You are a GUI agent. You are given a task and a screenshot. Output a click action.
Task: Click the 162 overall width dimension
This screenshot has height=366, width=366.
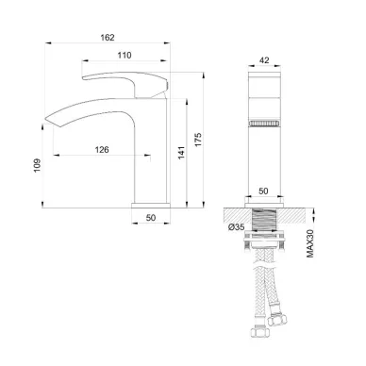(x=108, y=38)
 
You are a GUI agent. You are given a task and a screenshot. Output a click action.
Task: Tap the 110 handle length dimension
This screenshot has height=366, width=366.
(x=125, y=56)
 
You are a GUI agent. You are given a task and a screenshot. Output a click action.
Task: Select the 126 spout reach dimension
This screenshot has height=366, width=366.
(x=102, y=150)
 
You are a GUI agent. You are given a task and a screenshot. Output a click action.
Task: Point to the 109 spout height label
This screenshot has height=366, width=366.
(x=38, y=165)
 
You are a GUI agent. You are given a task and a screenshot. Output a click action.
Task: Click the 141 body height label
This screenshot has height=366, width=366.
(x=181, y=153)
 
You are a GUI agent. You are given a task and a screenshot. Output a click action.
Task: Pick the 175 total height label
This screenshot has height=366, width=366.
(x=198, y=140)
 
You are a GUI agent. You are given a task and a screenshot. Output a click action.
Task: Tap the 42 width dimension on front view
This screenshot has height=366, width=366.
(x=264, y=60)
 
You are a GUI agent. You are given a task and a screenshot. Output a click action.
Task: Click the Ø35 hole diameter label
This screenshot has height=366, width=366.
(x=237, y=226)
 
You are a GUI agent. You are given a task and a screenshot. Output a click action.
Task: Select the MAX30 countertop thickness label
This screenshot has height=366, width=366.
(x=310, y=243)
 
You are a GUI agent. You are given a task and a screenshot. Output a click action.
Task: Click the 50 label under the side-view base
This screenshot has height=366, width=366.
(x=151, y=218)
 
